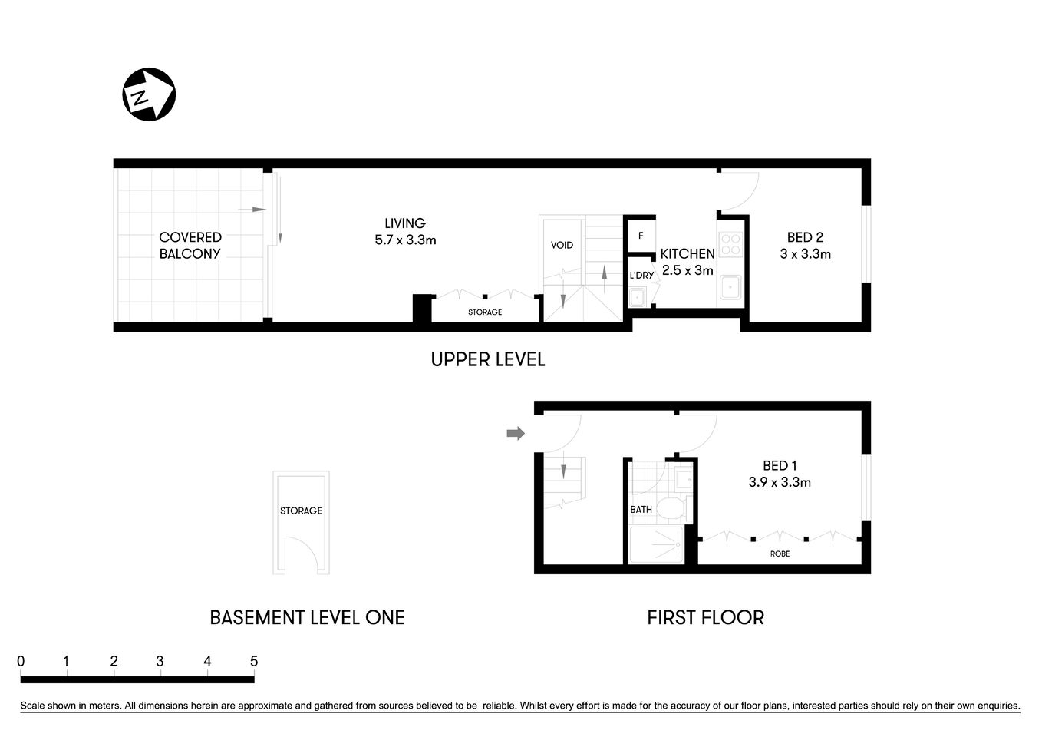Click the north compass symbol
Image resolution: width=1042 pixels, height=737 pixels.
coord(149,94)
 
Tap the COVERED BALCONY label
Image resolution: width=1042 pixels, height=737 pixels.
coord(190,246)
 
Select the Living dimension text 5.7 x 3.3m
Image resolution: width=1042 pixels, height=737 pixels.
coord(405,240)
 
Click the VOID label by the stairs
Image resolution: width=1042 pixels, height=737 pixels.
coord(562,245)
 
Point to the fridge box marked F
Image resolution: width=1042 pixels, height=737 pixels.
coord(641,236)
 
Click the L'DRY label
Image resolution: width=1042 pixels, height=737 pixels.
coord(641,275)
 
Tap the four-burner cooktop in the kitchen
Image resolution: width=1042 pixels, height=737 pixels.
coord(731,243)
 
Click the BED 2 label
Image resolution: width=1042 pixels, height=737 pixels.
coord(805,237)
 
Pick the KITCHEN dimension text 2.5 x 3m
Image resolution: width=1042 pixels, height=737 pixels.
coord(688,270)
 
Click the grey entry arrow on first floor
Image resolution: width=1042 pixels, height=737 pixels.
coord(516,434)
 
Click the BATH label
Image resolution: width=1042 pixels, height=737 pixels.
coord(641,509)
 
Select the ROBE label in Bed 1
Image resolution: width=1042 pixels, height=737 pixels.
coord(780,554)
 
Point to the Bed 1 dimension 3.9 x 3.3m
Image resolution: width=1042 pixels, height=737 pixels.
coord(780,482)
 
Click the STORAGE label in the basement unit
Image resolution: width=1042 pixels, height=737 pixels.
coord(301,511)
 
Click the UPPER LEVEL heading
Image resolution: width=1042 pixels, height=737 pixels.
coord(487,359)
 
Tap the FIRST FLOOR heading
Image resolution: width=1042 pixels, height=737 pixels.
coord(705,617)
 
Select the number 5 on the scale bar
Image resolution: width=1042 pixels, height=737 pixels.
coord(254,661)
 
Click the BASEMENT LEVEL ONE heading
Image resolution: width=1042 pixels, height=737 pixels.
coord(307,617)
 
